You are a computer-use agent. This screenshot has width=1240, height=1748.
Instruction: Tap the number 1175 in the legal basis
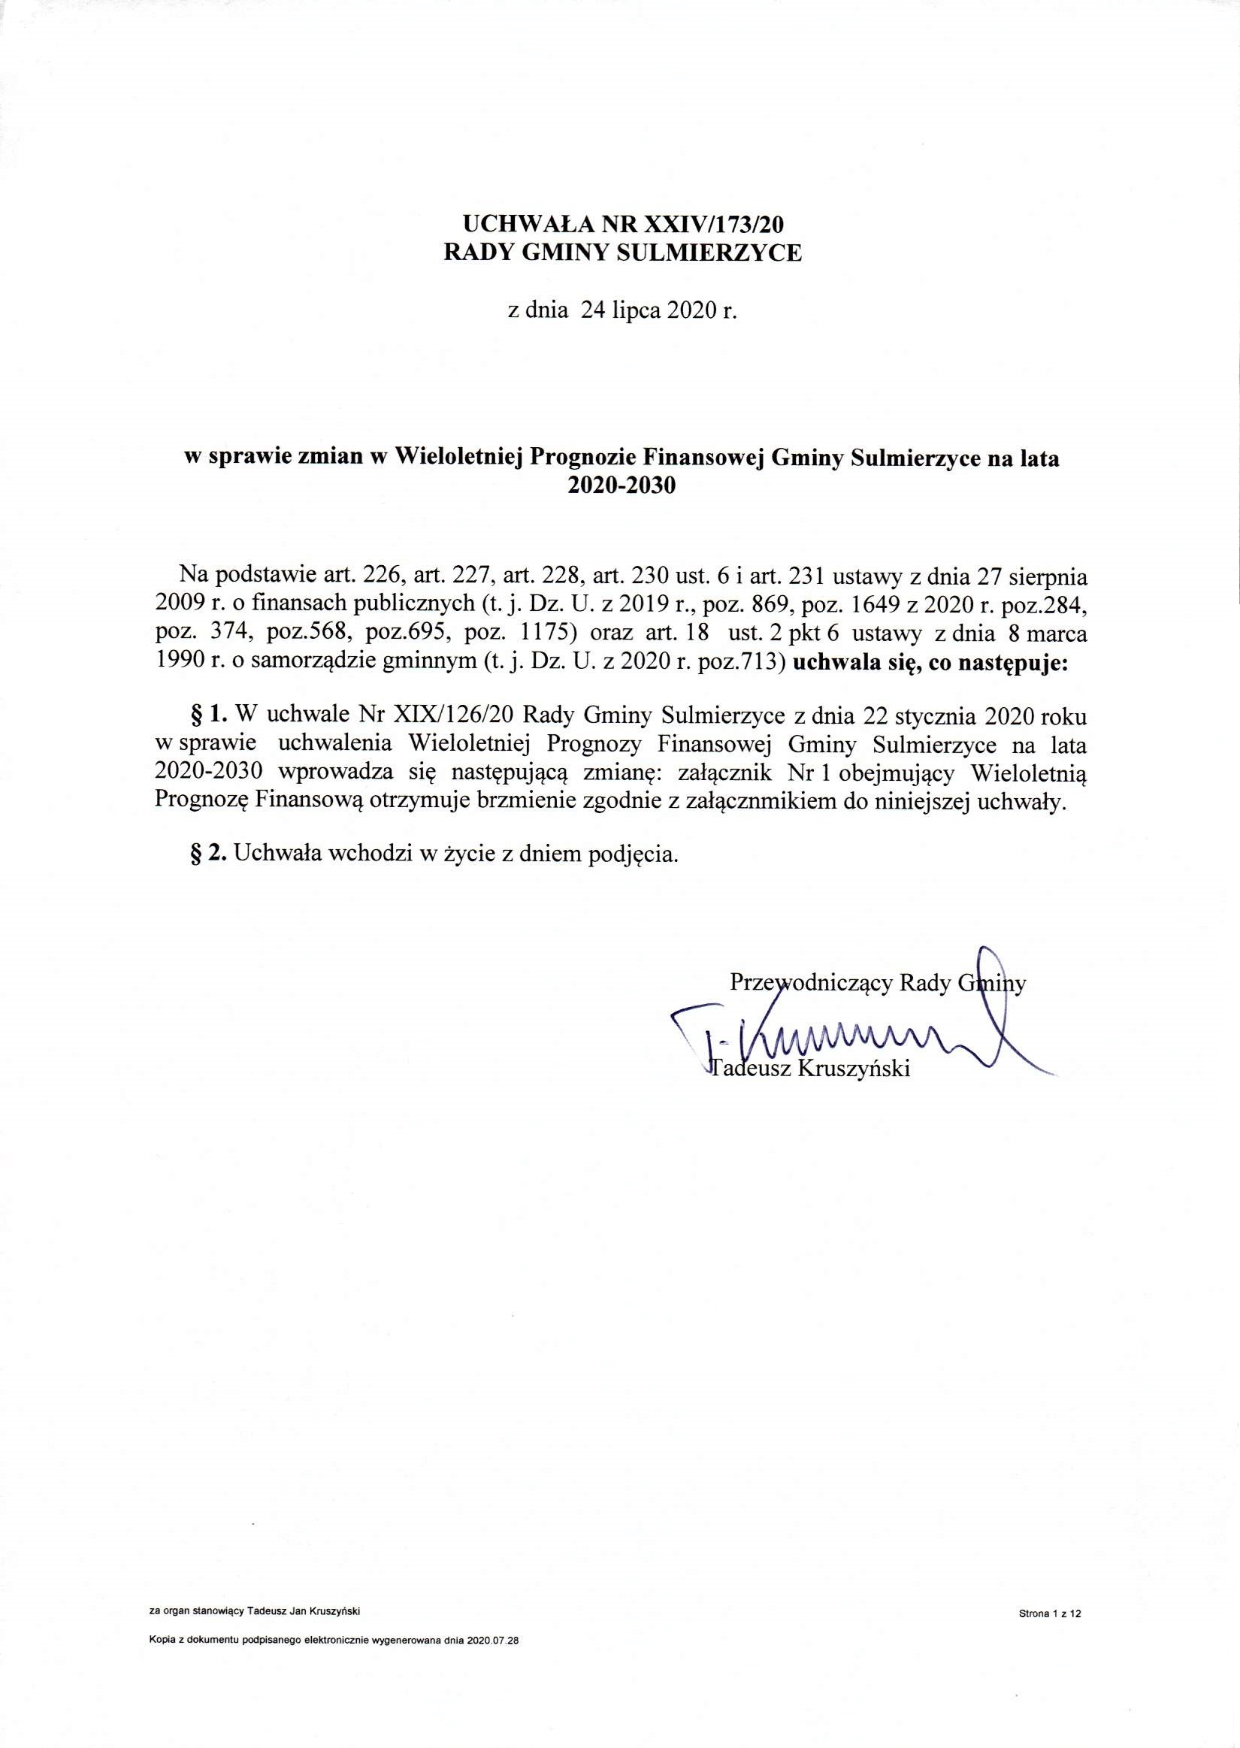pos(548,634)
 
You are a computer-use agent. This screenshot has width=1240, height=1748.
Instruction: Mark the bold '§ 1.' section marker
pos(207,715)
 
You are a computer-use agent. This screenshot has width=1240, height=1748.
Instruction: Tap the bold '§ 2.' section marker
pos(208,854)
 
